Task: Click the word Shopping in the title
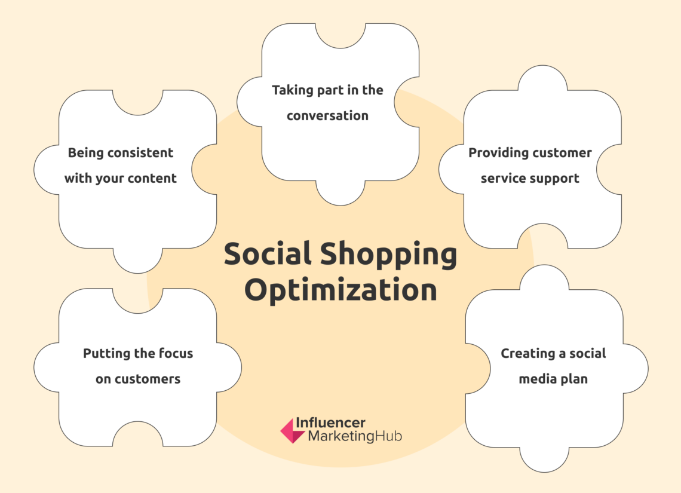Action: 389,256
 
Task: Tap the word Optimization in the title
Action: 340,290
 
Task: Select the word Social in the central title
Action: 268,255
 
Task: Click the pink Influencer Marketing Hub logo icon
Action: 293,430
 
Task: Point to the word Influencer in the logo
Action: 336,423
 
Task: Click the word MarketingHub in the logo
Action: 355,437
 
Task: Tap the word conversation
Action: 327,115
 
